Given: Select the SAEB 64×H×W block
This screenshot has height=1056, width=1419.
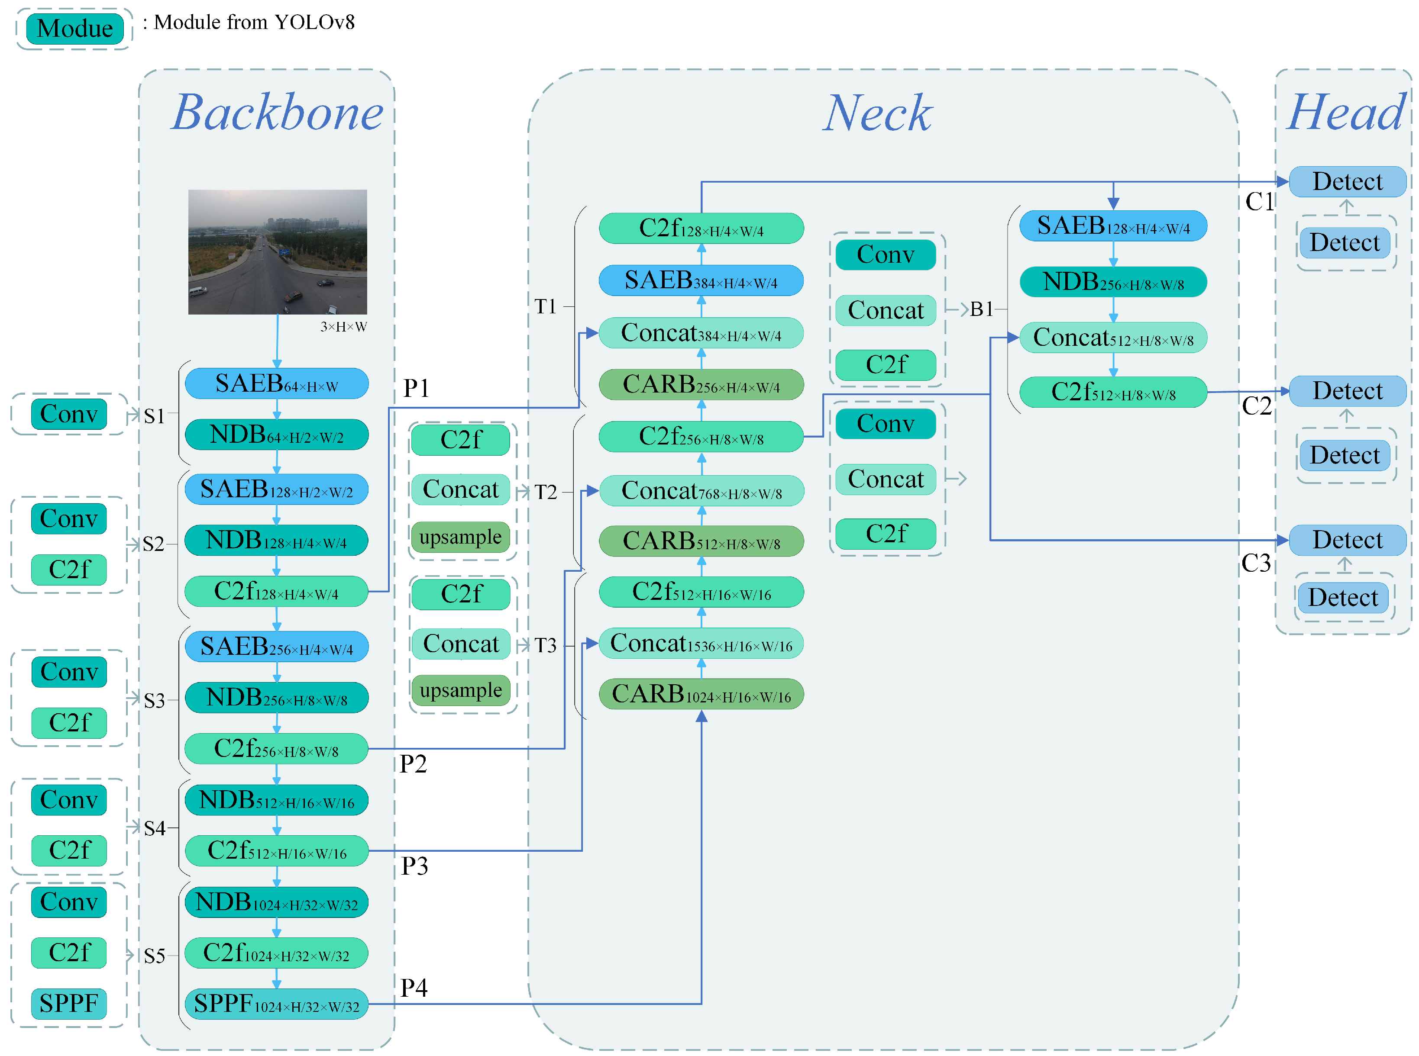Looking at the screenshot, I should (x=276, y=383).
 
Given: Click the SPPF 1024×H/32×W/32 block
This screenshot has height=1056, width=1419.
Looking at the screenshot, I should (x=276, y=1004).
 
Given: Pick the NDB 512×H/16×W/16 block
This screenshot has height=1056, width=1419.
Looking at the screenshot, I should (x=276, y=800).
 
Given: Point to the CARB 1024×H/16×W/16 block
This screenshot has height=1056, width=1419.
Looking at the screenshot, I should (x=701, y=694).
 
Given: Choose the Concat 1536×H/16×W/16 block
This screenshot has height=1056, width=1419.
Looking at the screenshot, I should (x=701, y=644).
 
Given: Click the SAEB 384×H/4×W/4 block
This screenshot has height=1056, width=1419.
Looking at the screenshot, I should (x=701, y=280).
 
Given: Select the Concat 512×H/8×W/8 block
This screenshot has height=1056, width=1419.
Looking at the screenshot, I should (x=1113, y=338).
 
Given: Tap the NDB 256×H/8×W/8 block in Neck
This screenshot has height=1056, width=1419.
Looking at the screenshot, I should (x=1113, y=282).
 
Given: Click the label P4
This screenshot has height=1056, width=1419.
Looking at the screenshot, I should (x=414, y=988).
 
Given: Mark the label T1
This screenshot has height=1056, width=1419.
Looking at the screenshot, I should (x=546, y=307).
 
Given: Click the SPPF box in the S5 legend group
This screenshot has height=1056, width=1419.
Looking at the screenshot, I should (x=68, y=1004).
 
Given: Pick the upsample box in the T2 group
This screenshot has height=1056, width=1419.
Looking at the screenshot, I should (x=460, y=537).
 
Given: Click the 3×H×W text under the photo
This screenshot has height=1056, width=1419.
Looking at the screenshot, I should (x=343, y=327).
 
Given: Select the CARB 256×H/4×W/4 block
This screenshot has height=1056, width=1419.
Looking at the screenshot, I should (x=701, y=385).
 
